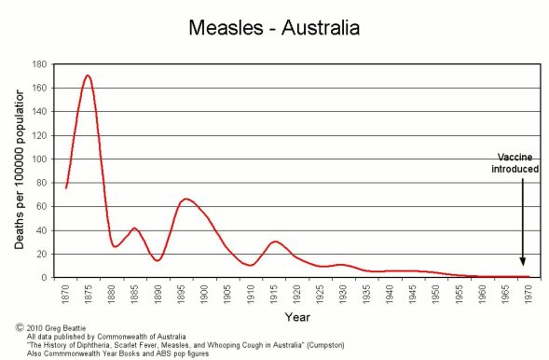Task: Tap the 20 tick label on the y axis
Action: tap(42, 255)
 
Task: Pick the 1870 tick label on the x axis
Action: tap(66, 293)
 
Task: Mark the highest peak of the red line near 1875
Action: tap(88, 76)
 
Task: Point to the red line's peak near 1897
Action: tap(185, 199)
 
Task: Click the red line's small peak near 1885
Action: tap(134, 228)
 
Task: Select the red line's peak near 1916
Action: tap(274, 242)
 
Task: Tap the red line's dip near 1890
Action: tap(157, 260)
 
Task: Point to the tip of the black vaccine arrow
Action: tap(522, 266)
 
